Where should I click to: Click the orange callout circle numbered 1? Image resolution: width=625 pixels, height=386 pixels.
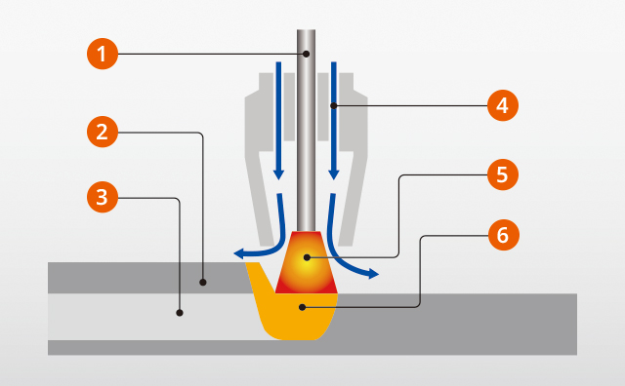point(103,54)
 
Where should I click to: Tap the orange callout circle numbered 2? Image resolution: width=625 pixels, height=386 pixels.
point(103,132)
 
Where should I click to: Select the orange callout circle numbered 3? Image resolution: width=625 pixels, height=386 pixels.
point(103,197)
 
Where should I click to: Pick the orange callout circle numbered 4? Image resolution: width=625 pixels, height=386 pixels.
point(503,105)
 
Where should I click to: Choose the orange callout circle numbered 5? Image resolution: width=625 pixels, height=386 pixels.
point(503,174)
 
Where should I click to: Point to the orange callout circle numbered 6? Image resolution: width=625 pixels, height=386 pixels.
point(504,235)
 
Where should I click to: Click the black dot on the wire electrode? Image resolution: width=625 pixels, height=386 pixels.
point(306,54)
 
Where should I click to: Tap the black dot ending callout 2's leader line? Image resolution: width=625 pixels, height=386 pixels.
point(203,282)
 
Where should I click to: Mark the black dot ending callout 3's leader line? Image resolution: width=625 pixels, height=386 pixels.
point(180,313)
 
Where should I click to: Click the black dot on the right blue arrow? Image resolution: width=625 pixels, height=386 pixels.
point(334,106)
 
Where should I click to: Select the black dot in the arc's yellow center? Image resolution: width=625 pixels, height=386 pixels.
point(307,257)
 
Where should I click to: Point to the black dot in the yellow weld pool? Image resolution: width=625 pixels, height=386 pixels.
point(303,307)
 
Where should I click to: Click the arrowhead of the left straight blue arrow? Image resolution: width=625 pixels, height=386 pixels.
point(278,174)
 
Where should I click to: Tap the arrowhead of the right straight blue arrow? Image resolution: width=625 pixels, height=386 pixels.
point(334,174)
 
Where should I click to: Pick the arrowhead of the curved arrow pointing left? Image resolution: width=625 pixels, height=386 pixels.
point(238,253)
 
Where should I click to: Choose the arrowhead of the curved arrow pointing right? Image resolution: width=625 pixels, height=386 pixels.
point(373,274)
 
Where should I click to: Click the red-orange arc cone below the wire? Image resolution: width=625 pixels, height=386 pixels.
point(307,262)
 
